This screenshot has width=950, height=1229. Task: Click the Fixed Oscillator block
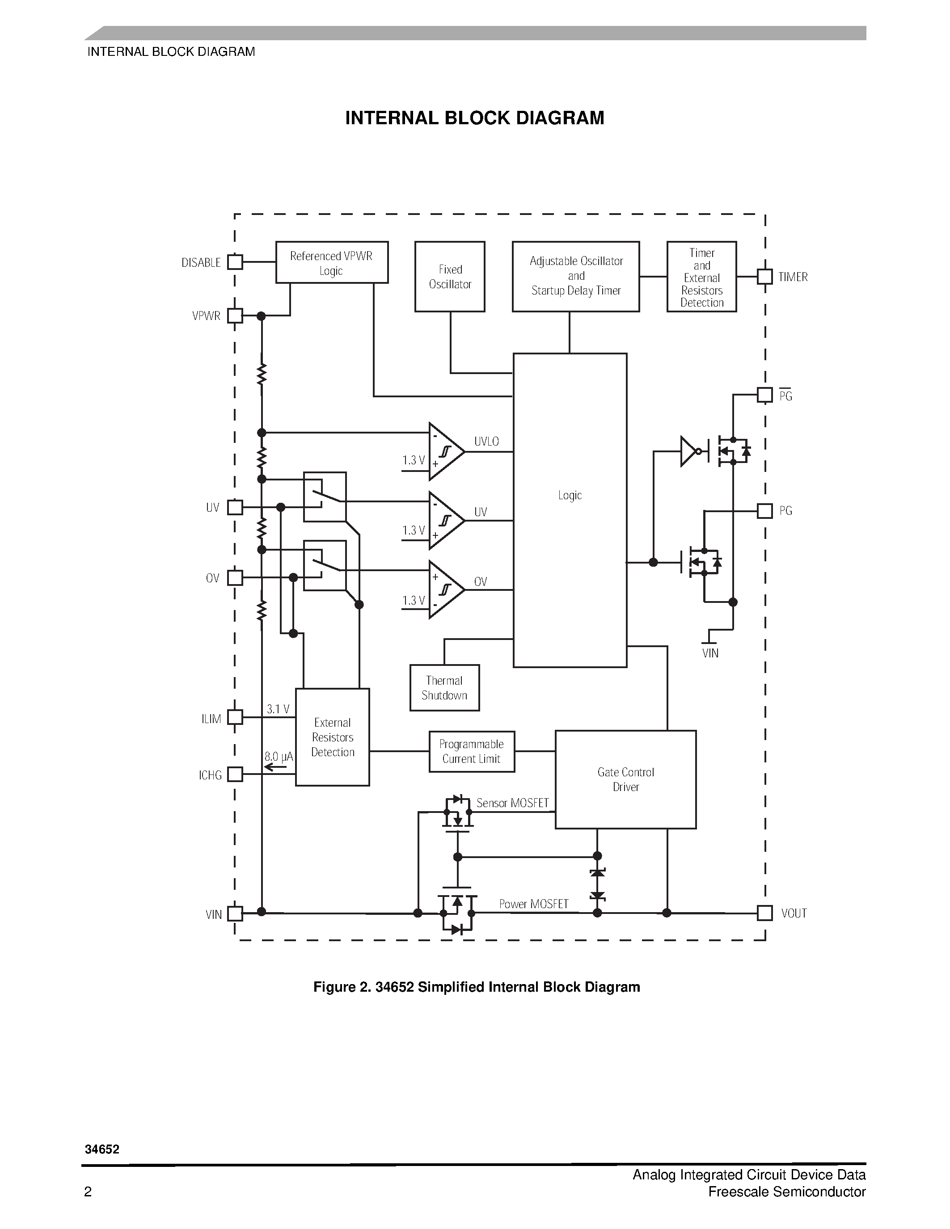pyautogui.click(x=450, y=276)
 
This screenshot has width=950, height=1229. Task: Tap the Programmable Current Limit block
pyautogui.click(x=472, y=751)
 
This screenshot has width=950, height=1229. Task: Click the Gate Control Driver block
pyautogui.click(x=625, y=779)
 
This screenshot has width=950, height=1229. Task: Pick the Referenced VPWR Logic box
pyautogui.click(x=331, y=262)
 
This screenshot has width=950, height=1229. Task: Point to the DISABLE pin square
pyautogui.click(x=235, y=262)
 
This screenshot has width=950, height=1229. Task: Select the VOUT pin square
pyautogui.click(x=764, y=913)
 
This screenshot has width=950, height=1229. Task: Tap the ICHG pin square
pyautogui.click(x=235, y=774)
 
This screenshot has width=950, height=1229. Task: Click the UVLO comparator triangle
pyautogui.click(x=445, y=451)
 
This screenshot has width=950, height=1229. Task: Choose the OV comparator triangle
pyautogui.click(x=445, y=589)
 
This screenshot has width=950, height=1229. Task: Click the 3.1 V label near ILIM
pyautogui.click(x=278, y=709)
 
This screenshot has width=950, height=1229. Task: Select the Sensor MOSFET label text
pyautogui.click(x=512, y=803)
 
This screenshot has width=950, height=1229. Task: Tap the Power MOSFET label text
pyautogui.click(x=533, y=904)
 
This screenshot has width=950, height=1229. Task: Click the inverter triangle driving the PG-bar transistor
pyautogui.click(x=688, y=451)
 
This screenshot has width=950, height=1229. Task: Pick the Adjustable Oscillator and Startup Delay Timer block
pyautogui.click(x=576, y=276)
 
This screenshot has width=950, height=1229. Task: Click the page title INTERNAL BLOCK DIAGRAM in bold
pyautogui.click(x=474, y=118)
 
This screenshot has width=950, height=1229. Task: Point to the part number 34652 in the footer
pyautogui.click(x=102, y=1149)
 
